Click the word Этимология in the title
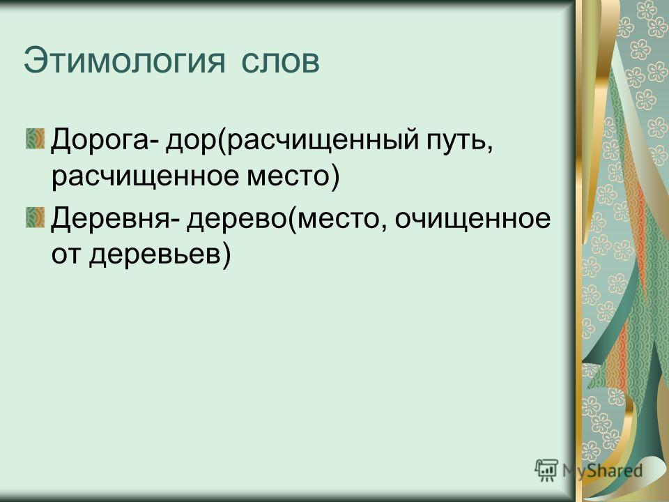124,62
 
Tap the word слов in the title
280,62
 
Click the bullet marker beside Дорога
35,139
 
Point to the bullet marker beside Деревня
35,218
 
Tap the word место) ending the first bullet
293,176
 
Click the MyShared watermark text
602,471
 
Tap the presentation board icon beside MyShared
546,470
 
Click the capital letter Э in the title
35,61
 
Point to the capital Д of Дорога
61,141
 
